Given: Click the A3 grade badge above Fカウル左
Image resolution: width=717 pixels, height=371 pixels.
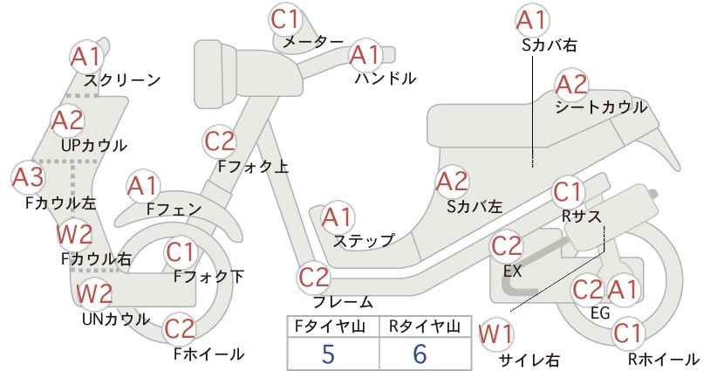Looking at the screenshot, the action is [x=28, y=177].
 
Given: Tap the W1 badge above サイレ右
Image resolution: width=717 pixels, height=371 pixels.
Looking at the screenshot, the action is [x=495, y=334].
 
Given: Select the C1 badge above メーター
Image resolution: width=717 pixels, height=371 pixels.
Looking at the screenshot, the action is [x=285, y=18].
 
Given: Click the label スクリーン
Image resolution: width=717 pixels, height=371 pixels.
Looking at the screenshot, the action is [x=122, y=80].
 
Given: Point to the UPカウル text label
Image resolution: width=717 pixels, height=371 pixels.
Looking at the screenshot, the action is [x=93, y=146].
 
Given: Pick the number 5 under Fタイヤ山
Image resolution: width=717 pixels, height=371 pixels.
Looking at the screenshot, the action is [x=328, y=354].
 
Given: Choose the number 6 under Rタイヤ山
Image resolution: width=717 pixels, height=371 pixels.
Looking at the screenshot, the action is [x=420, y=354].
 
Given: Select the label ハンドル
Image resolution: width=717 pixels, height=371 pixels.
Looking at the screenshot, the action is [x=386, y=79].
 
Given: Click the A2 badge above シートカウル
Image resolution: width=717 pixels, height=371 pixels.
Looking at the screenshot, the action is [x=571, y=85].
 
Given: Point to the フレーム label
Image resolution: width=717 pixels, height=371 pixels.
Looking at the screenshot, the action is [x=343, y=302].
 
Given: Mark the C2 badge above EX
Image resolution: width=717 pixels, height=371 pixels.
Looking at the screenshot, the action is [x=506, y=246].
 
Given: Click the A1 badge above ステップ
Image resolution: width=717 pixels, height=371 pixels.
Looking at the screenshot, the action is [x=338, y=217].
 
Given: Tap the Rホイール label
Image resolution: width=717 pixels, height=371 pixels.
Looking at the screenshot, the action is [x=664, y=359].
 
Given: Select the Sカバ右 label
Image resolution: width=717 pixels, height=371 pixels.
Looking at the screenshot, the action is [x=550, y=45].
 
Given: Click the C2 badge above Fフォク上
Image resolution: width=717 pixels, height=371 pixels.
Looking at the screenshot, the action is [x=220, y=141].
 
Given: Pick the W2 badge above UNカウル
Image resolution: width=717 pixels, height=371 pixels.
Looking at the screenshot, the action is [x=94, y=292].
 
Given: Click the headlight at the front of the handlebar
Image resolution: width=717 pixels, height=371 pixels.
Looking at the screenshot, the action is [x=215, y=73].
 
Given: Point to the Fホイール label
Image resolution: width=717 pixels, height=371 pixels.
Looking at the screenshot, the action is [x=208, y=354].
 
